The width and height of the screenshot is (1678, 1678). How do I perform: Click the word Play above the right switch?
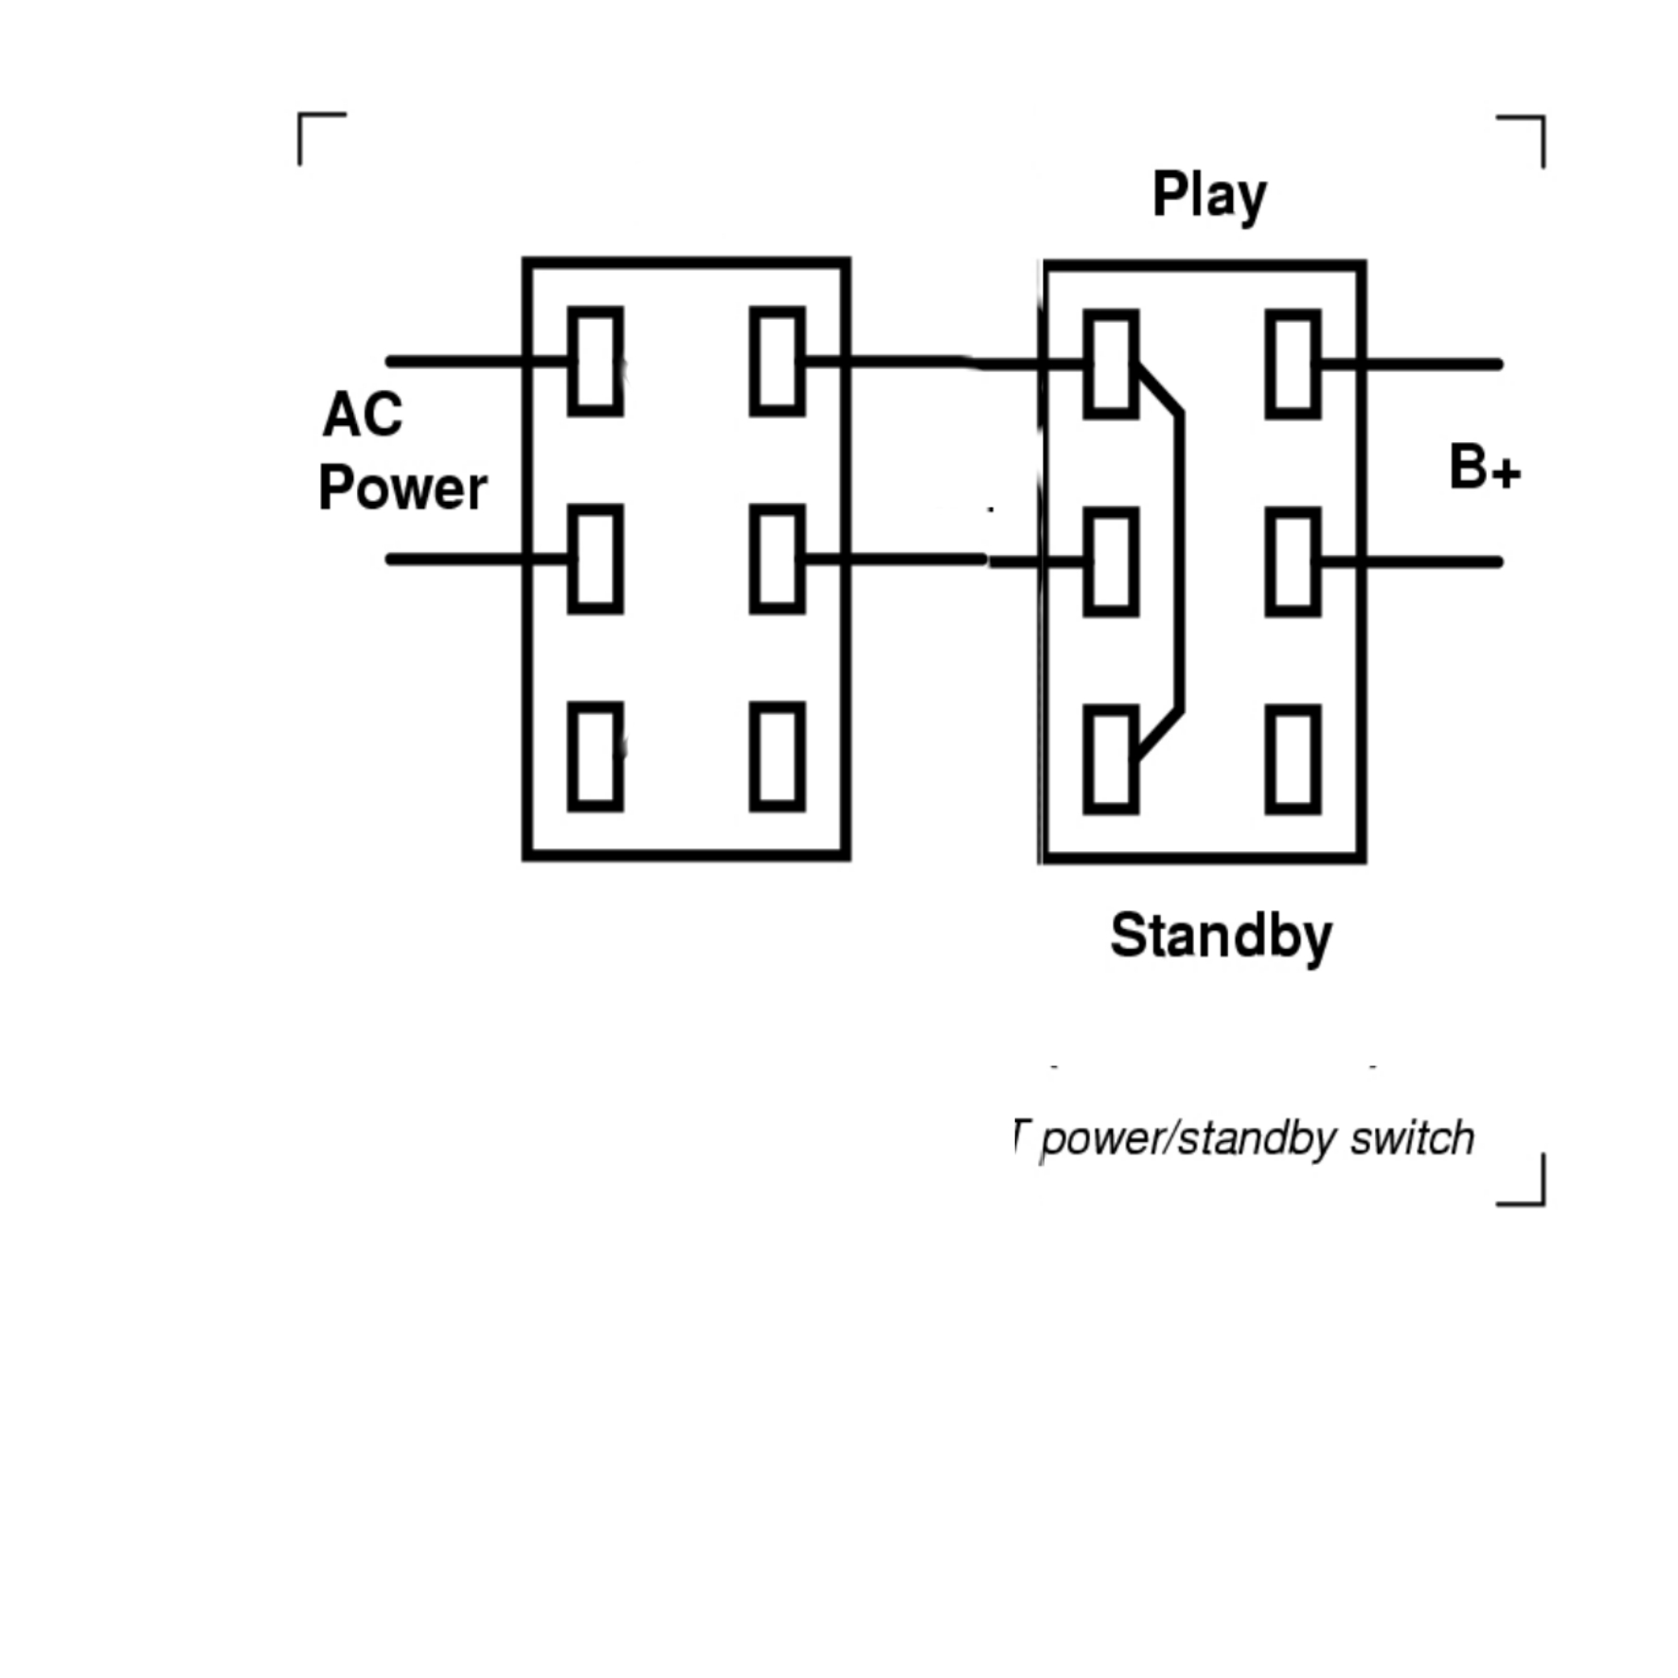pos(1208,196)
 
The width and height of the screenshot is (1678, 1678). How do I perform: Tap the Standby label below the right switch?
pos(1221,936)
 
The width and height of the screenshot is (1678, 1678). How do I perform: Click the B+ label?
pos(1484,468)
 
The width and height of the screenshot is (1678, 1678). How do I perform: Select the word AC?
pos(363,415)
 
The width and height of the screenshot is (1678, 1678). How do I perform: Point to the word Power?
pos(402,489)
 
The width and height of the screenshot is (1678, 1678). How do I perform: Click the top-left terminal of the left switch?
pos(596,361)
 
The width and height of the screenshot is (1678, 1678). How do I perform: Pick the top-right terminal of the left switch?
pos(777,361)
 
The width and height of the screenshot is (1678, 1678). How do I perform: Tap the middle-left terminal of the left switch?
pos(596,559)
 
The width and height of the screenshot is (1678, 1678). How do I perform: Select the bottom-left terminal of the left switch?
pos(596,757)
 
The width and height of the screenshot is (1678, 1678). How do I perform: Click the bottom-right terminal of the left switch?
pos(777,757)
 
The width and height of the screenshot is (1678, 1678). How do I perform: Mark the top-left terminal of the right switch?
pos(1111,364)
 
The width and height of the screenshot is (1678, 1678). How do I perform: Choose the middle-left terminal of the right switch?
pos(1111,562)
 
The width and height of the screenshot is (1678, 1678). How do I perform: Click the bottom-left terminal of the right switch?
pos(1111,759)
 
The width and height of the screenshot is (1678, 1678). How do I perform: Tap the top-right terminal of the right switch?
pos(1293,364)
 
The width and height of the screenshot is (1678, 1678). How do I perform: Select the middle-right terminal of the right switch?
pos(1293,562)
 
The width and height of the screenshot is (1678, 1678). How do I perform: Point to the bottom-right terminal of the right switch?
pos(1293,759)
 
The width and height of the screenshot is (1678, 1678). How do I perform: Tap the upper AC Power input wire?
pos(455,361)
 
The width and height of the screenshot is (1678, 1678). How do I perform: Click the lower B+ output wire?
pos(1430,562)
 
